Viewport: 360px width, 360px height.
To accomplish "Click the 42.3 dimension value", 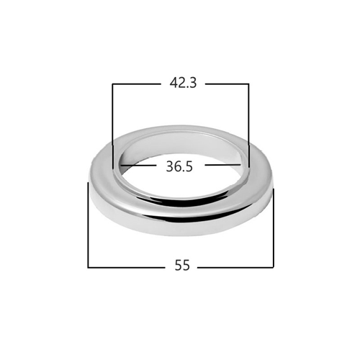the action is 183,83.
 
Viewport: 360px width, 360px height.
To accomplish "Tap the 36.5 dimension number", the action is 179,166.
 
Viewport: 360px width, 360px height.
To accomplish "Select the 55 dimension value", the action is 182,265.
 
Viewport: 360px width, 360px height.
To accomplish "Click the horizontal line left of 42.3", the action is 136,84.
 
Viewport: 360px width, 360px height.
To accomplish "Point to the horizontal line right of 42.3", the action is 227,84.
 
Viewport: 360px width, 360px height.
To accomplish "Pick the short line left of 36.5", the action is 137,165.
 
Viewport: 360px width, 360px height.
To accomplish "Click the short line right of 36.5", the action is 222,165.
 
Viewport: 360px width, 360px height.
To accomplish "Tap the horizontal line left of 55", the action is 127,267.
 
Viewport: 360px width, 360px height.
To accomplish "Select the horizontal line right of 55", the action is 235,267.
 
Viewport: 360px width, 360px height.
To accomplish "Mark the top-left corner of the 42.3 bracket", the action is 112,84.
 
